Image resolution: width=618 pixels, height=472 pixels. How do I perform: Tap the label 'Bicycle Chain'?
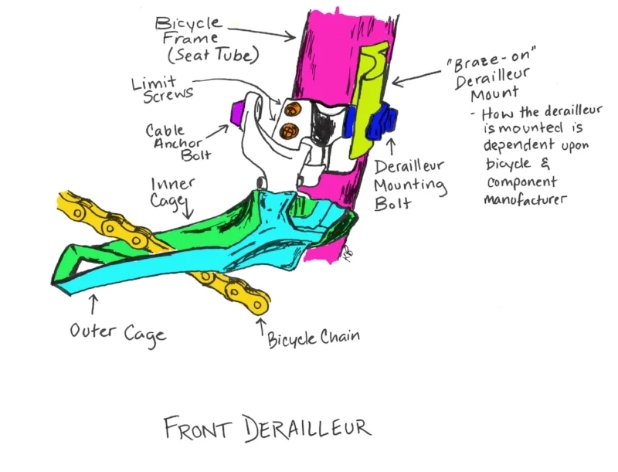[314, 338]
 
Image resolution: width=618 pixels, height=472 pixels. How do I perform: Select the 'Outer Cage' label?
[117, 333]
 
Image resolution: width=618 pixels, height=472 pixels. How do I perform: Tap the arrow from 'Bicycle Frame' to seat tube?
[266, 31]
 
